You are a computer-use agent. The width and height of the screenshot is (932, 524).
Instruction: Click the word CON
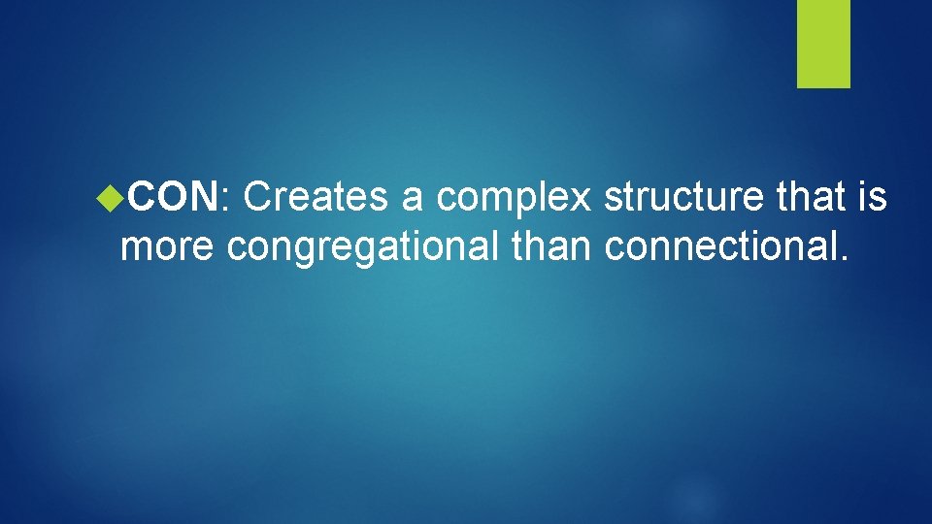[x=172, y=198]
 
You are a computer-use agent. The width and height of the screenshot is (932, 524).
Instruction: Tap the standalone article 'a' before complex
[x=413, y=200]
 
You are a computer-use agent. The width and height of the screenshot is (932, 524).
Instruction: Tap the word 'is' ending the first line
[x=872, y=198]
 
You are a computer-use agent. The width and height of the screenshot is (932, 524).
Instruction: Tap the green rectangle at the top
[x=823, y=43]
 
